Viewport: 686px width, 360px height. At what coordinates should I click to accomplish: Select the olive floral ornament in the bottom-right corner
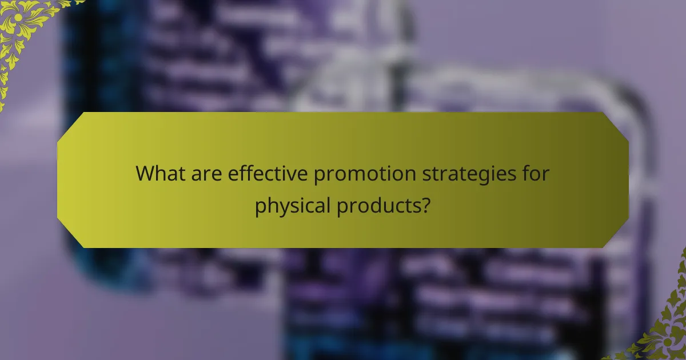663,331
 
